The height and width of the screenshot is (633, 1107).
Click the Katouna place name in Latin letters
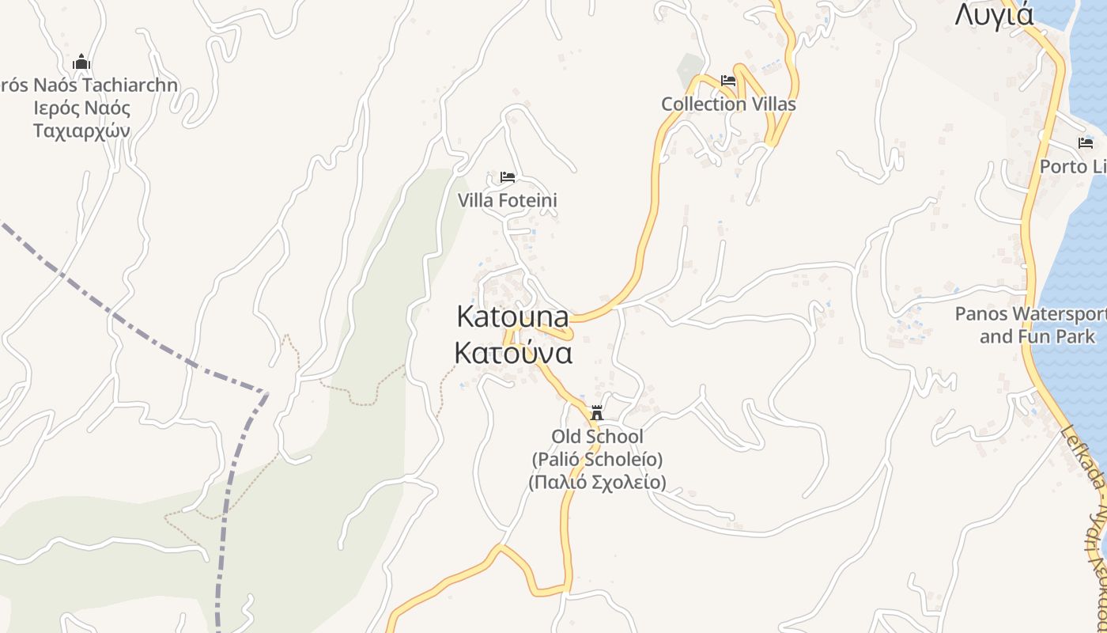coord(512,316)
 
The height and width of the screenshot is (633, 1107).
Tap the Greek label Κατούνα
coord(512,353)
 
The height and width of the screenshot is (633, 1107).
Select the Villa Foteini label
coord(507,201)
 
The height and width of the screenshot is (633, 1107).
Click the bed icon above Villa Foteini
coord(508,177)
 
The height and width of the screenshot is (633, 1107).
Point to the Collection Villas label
coord(728,104)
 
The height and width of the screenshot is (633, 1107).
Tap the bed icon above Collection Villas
coord(728,81)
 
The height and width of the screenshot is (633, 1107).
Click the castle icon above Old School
coord(597,413)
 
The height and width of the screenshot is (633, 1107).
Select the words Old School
coord(597,437)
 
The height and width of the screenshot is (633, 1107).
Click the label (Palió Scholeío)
coord(597,459)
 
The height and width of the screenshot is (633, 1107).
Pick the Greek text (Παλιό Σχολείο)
coord(597,481)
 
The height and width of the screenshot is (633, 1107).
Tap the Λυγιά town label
coord(994,14)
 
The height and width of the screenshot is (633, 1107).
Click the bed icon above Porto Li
coord(1086,143)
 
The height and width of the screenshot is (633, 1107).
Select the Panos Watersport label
coord(1030,314)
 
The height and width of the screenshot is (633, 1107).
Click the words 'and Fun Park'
coord(1037,337)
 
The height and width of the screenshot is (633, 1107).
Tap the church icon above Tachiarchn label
coord(81,63)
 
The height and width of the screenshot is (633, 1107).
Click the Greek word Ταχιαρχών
coord(81,131)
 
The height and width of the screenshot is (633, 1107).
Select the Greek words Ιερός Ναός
coord(81,108)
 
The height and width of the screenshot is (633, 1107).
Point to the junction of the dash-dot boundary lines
coord(266,392)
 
